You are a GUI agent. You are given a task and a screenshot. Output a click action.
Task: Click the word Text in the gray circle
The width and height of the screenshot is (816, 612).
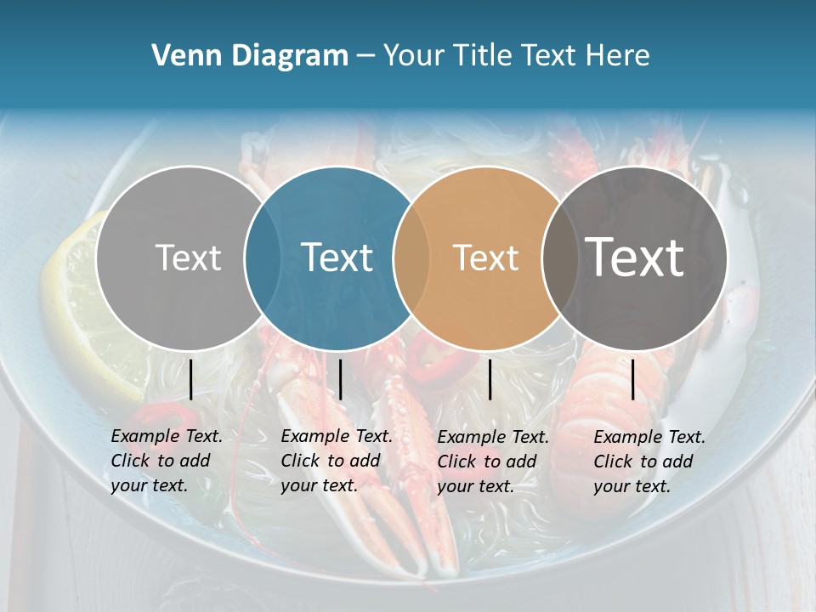pyautogui.click(x=189, y=258)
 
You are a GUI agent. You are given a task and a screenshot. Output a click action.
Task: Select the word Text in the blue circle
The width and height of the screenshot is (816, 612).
pyautogui.click(x=337, y=258)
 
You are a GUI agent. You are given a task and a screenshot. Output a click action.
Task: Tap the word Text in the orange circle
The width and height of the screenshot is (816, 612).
pyautogui.click(x=485, y=258)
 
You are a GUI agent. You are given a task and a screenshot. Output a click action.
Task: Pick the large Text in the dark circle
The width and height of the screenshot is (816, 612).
pyautogui.click(x=635, y=258)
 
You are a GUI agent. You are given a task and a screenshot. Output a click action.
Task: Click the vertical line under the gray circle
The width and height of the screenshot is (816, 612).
pyautogui.click(x=190, y=379)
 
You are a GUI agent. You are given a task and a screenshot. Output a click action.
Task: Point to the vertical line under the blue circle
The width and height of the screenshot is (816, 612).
pyautogui.click(x=340, y=379)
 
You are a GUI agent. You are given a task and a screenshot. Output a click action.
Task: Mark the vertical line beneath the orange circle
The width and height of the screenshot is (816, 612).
pyautogui.click(x=490, y=379)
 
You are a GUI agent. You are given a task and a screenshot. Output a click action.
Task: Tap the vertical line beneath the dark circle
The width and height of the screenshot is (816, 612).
pyautogui.click(x=632, y=379)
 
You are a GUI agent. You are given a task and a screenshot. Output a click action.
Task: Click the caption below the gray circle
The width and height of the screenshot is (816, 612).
pyautogui.click(x=167, y=461)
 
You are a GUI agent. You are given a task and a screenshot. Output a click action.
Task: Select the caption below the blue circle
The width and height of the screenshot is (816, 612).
pyautogui.click(x=337, y=461)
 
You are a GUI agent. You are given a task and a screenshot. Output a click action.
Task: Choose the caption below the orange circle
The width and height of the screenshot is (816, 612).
pyautogui.click(x=493, y=462)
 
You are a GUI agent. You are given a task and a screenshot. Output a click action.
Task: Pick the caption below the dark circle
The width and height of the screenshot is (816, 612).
pyautogui.click(x=649, y=462)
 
